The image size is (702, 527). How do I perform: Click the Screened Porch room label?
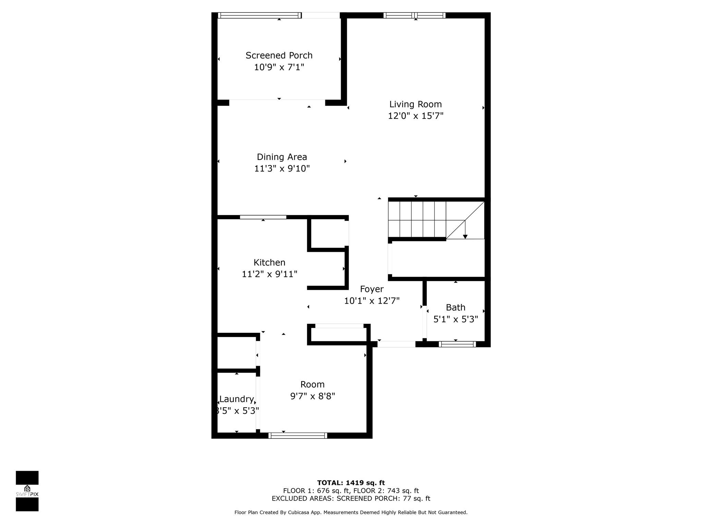point(279,56)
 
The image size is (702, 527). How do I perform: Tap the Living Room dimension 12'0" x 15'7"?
point(415,116)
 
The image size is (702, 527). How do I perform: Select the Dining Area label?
point(282,157)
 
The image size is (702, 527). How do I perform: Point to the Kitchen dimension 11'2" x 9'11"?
point(269,274)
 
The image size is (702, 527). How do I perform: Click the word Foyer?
point(372,289)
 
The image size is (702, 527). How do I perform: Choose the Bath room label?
point(456,307)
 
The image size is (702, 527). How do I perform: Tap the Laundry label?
point(237,399)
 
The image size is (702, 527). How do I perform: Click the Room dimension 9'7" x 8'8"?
point(313,396)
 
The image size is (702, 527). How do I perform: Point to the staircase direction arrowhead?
point(465,237)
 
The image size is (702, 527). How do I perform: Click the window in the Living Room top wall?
point(414,15)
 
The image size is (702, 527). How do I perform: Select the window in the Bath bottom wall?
point(457,344)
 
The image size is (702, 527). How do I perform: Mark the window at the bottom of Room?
point(298,436)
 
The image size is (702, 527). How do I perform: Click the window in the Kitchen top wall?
point(263,217)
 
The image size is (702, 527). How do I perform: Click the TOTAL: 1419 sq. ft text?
point(351,483)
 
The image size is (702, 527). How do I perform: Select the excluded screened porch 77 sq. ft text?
point(384,499)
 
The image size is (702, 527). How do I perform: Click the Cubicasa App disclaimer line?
point(351,512)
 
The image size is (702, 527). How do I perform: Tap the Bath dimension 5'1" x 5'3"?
point(456,319)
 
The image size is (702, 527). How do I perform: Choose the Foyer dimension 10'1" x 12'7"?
point(372,301)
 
